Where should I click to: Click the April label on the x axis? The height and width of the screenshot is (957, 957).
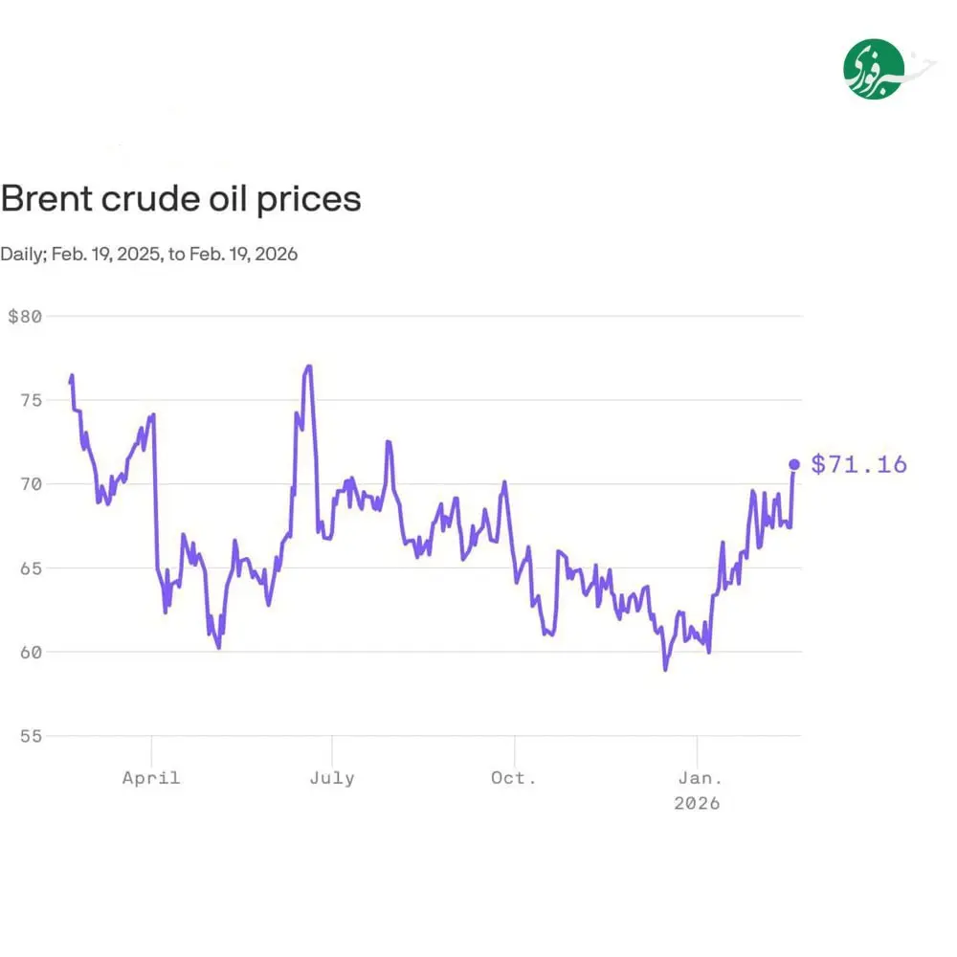pyautogui.click(x=151, y=778)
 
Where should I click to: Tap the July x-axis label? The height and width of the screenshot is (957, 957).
pyautogui.click(x=332, y=778)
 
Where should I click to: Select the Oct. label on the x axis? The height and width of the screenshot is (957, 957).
pyautogui.click(x=514, y=778)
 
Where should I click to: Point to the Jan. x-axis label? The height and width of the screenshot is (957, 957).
pyautogui.click(x=697, y=778)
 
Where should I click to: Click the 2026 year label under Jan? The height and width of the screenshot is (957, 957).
pyautogui.click(x=697, y=804)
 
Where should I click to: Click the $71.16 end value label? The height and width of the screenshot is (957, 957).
pyautogui.click(x=858, y=465)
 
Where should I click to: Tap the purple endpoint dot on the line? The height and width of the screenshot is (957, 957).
pyautogui.click(x=793, y=465)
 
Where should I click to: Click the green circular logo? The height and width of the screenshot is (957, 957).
pyautogui.click(x=874, y=69)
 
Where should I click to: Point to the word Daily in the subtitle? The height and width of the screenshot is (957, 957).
pyautogui.click(x=21, y=255)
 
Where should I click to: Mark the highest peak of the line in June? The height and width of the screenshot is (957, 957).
pyautogui.click(x=308, y=366)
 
